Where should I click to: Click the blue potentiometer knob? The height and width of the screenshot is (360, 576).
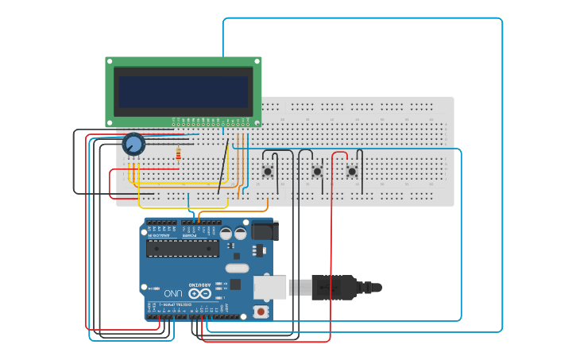click(133, 144)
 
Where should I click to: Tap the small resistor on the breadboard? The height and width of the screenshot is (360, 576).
click(178, 154)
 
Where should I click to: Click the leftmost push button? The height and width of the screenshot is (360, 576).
click(268, 171)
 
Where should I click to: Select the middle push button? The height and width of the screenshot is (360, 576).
click(317, 171)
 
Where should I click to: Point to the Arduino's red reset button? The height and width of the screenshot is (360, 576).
click(261, 312)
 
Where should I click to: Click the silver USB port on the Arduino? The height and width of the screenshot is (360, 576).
click(270, 287)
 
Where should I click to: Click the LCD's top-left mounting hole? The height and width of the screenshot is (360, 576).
click(110, 61)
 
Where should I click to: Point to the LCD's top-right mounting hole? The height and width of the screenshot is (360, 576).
click(257, 61)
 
